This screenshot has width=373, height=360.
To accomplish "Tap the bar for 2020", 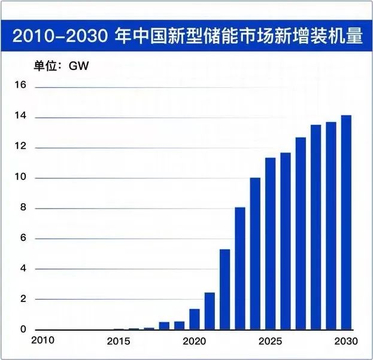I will point(194,319).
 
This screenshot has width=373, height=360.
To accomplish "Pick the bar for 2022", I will point(225,289).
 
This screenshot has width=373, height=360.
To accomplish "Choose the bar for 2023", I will point(239,269).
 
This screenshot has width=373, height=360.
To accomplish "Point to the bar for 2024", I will point(255,254).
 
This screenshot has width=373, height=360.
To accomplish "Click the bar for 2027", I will point(301,234).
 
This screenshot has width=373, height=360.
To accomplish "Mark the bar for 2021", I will point(210,311).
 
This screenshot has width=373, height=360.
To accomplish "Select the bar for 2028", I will point(316,227).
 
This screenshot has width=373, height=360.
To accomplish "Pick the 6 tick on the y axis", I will point(22,239).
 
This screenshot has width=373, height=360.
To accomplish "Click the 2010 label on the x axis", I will point(44,341).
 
